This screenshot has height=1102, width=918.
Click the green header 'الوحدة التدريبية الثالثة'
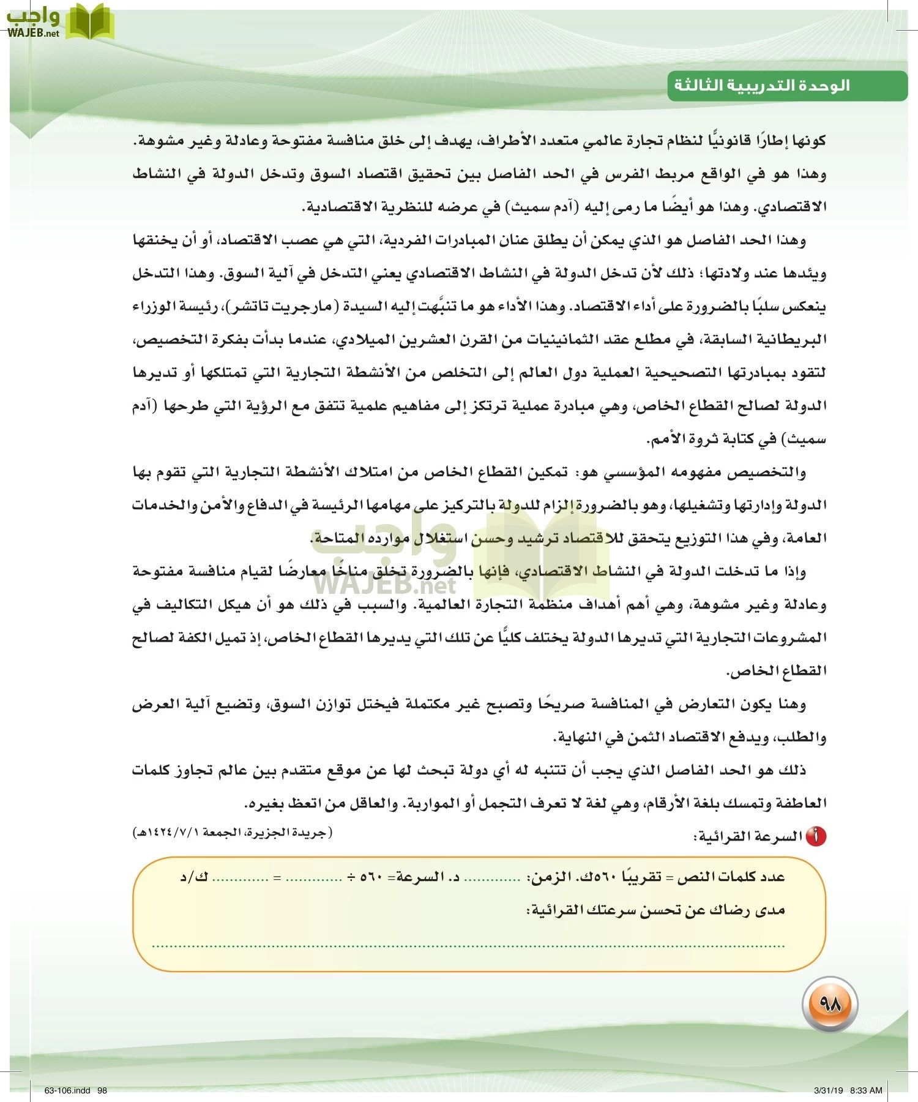(762, 85)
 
